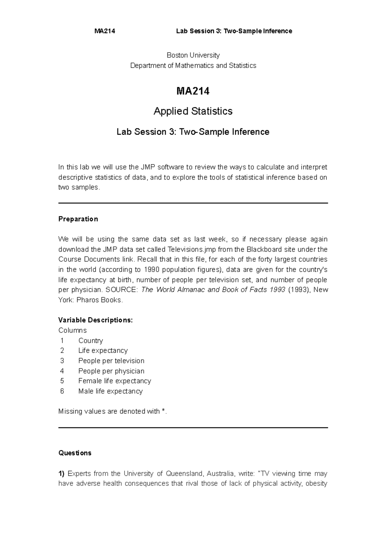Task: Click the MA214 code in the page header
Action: coord(105,31)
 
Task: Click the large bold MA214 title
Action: coord(193,91)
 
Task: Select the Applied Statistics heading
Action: coord(193,111)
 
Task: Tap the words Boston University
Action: coord(193,55)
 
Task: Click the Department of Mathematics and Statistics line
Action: coord(193,66)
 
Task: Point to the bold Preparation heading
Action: coord(78,219)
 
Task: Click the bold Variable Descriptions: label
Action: coord(95,320)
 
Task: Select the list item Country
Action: coord(90,341)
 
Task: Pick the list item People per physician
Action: coord(111,371)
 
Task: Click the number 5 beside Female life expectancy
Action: coord(62,381)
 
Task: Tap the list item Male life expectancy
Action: coord(110,391)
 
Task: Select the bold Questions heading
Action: coord(75,453)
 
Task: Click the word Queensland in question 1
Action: coord(184,474)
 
